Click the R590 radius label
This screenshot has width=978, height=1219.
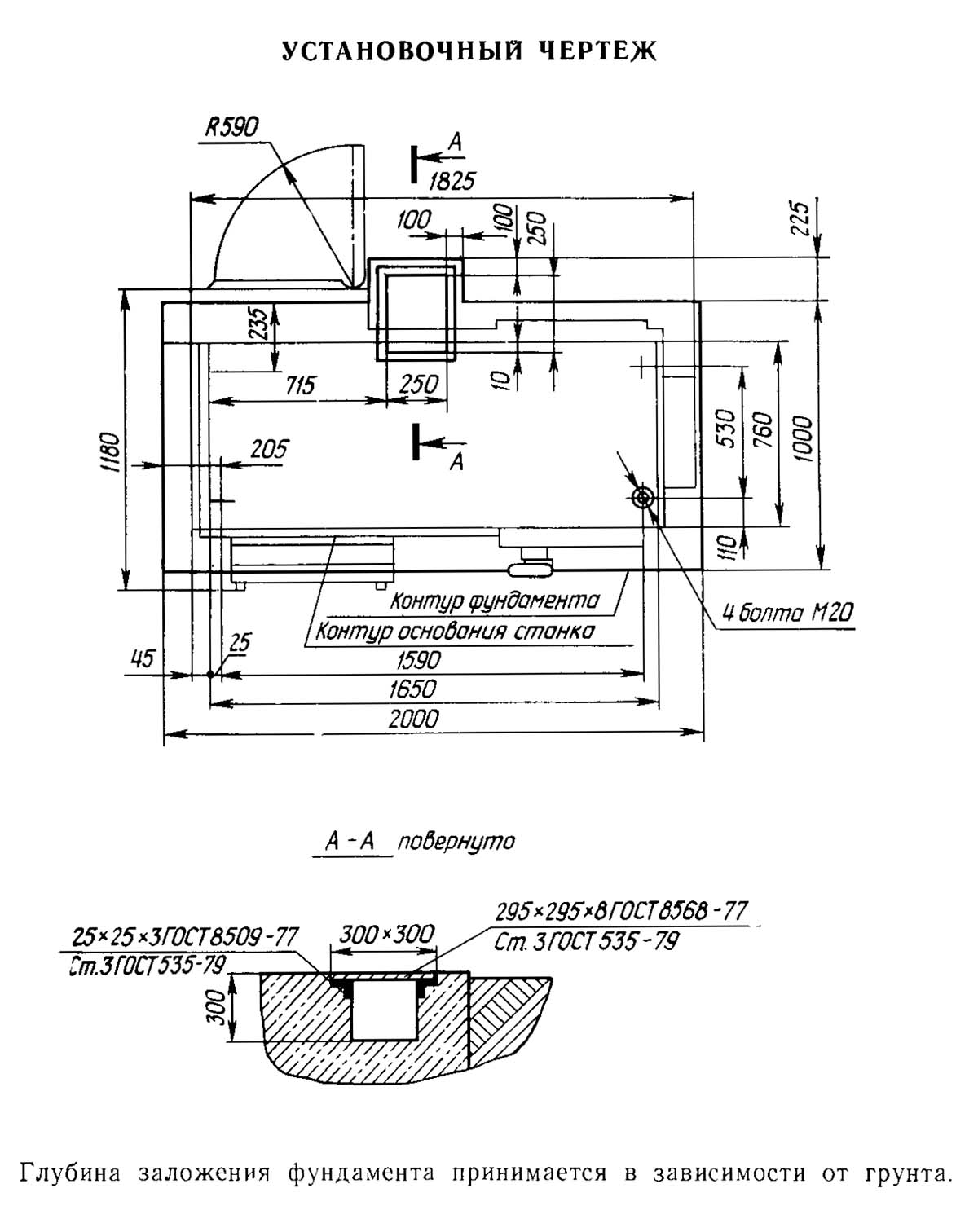[232, 128]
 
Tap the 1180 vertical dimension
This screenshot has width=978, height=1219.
[112, 453]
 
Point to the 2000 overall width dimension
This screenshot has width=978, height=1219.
[414, 719]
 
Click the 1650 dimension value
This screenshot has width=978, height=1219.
[412, 689]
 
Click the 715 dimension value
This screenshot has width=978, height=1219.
[301, 385]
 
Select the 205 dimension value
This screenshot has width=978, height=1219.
[270, 449]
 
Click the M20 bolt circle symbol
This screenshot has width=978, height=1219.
[643, 498]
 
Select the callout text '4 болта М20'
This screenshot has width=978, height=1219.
[788, 613]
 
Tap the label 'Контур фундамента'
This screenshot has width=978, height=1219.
[495, 601]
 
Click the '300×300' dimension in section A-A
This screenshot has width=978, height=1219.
[386, 934]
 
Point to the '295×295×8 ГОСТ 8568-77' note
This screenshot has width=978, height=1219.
[622, 911]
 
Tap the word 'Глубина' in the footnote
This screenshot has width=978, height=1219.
[71, 1174]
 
